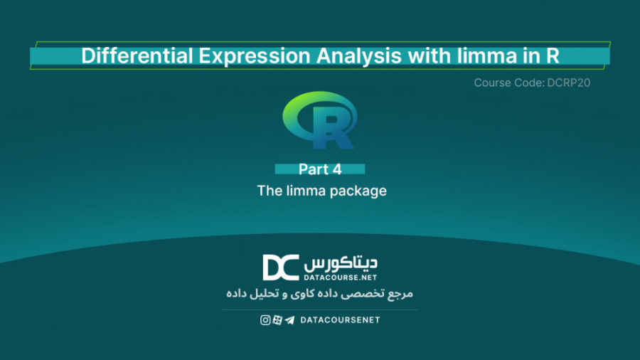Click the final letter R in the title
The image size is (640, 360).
coord(550,55)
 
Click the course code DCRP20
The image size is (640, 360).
coord(569,83)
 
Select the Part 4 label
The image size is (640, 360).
coord(319,169)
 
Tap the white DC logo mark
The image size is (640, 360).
coord(280,267)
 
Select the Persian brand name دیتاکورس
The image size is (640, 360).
coord(341,262)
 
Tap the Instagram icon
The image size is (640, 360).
coord(265,320)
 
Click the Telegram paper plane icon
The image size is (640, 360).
coord(289,320)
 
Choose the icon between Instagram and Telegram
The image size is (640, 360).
coord(277,320)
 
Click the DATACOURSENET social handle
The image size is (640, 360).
coord(340,320)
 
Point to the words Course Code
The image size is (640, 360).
coord(508,83)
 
